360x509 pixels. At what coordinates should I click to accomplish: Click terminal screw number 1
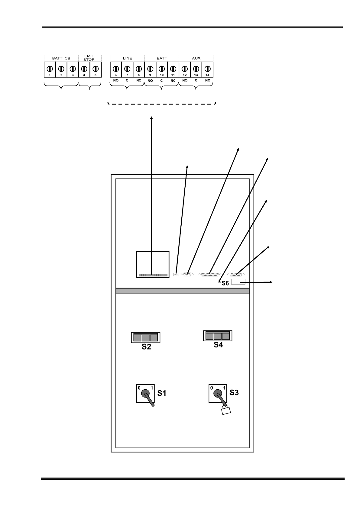click(50, 69)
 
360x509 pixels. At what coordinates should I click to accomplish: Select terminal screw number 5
click(96, 69)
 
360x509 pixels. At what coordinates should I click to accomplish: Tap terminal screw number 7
click(127, 69)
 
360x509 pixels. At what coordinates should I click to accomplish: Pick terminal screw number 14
click(207, 69)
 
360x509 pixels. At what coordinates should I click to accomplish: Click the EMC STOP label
click(89, 58)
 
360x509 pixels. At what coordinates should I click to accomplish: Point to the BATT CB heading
click(61, 58)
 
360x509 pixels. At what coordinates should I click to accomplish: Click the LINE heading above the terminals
click(127, 58)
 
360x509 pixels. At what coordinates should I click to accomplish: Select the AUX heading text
click(196, 58)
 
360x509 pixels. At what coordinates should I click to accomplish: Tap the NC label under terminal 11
click(173, 81)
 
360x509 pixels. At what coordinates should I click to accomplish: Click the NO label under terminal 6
click(116, 80)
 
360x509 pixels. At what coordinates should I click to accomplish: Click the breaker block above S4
click(218, 336)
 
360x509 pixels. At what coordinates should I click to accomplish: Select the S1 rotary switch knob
click(146, 393)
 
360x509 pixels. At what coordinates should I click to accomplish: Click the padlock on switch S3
click(226, 411)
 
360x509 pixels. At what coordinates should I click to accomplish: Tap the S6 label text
click(225, 283)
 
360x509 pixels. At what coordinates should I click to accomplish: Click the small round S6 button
click(219, 282)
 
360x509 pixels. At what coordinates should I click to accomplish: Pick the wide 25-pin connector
click(210, 275)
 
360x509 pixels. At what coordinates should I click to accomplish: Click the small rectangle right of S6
click(238, 282)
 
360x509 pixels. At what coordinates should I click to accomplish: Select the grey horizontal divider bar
click(182, 291)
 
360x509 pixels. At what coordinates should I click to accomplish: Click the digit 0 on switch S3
click(212, 388)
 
